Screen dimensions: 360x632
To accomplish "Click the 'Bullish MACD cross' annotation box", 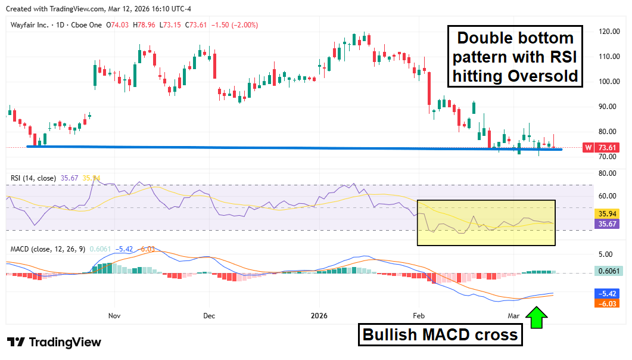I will click(440, 335).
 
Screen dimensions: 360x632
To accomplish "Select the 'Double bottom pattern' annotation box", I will click(516, 57).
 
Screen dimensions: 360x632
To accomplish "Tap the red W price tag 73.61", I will click(602, 147).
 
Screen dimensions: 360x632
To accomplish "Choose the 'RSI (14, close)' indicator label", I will click(33, 178).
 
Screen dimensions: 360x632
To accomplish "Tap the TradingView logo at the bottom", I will click(54, 342).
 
